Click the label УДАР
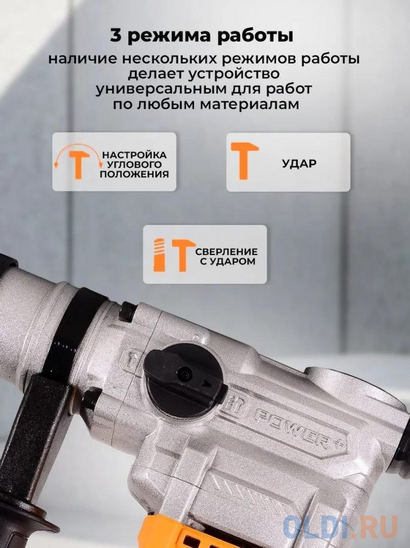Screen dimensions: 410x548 (x=299, y=163)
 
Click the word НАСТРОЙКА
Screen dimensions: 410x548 (x=134, y=155)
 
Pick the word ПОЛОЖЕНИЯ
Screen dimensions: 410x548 (x=134, y=174)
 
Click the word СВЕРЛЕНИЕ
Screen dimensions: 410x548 (x=226, y=252)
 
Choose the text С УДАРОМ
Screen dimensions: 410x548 (x=228, y=261)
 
